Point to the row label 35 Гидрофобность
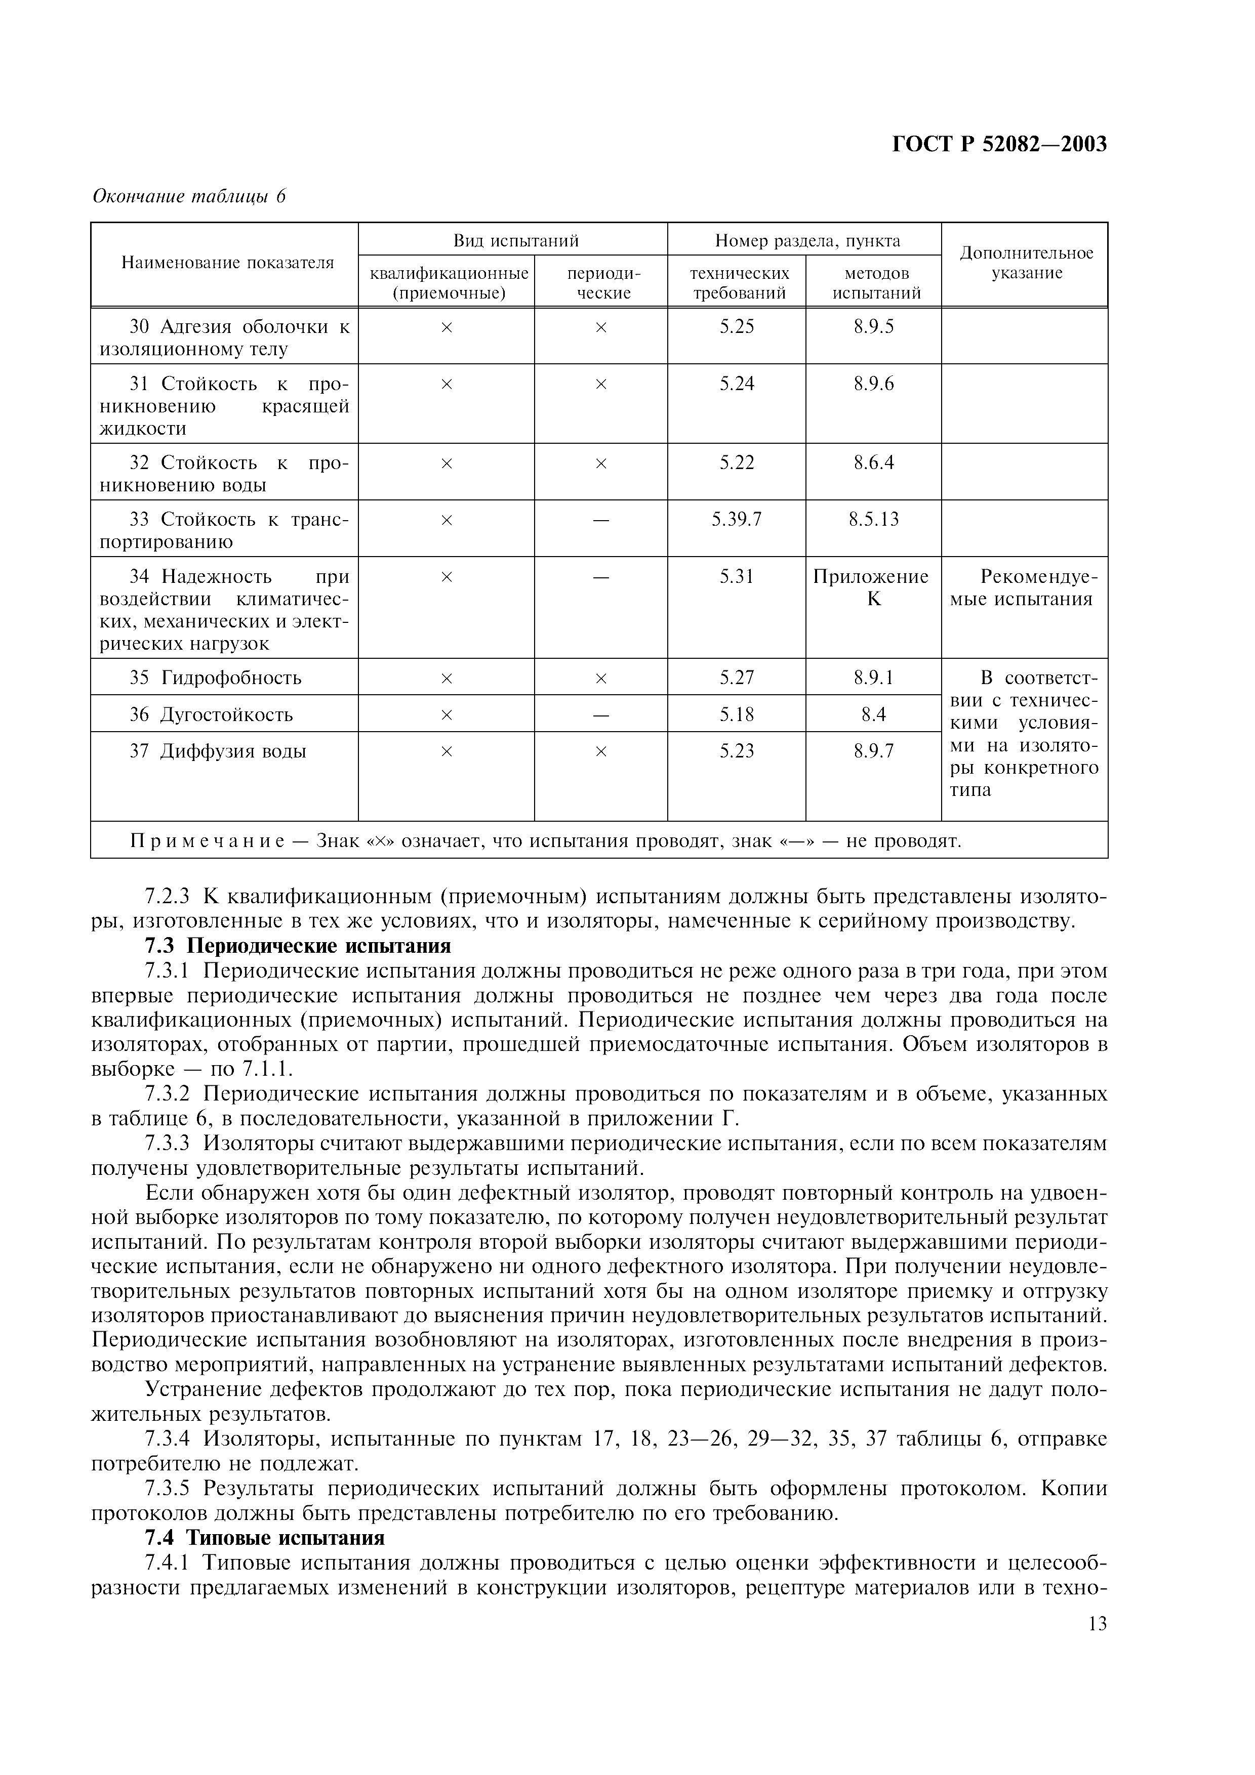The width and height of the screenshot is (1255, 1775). (216, 678)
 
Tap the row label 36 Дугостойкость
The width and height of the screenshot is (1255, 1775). (211, 714)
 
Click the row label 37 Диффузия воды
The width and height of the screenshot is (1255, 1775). (218, 751)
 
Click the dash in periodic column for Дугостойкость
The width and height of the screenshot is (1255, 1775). (601, 715)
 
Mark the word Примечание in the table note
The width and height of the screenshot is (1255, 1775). (207, 840)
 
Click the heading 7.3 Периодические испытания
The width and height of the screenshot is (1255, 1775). (298, 946)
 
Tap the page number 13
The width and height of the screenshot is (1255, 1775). (1097, 1624)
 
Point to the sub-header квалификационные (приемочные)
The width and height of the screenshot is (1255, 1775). (449, 283)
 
